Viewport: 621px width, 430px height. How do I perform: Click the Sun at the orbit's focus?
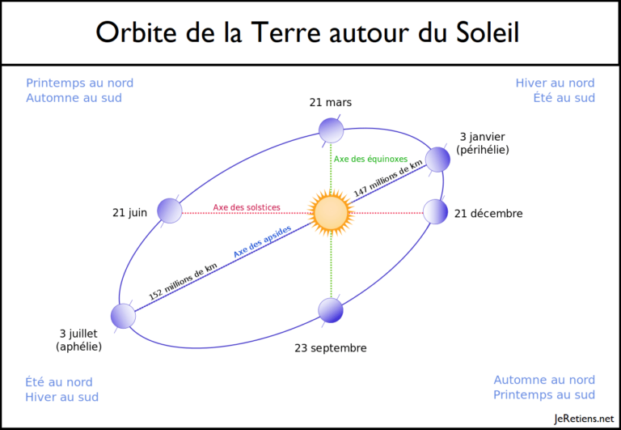pyautogui.click(x=331, y=213)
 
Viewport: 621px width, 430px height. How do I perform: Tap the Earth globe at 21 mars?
pyautogui.click(x=331, y=130)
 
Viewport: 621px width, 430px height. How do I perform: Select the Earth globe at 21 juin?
pyautogui.click(x=170, y=211)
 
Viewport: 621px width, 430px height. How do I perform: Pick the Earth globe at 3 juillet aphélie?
pyautogui.click(x=123, y=316)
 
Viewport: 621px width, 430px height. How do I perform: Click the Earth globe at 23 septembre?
pyautogui.click(x=331, y=310)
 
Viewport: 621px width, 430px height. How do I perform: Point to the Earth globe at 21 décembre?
pyautogui.click(x=435, y=212)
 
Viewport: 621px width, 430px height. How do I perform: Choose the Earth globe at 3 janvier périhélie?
pyautogui.click(x=437, y=160)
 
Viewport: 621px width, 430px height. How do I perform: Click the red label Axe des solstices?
pyautogui.click(x=247, y=207)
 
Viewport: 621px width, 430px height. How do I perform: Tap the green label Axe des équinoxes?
pyautogui.click(x=370, y=159)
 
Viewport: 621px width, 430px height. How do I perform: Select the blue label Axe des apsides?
pyautogui.click(x=262, y=241)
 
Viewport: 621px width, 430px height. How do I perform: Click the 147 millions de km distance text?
pyautogui.click(x=388, y=178)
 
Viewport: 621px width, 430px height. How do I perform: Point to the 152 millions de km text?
pyautogui.click(x=183, y=282)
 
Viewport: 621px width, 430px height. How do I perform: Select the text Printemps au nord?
pyautogui.click(x=79, y=83)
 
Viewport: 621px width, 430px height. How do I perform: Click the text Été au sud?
pyautogui.click(x=564, y=98)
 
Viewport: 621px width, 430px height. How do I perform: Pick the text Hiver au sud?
pyautogui.click(x=61, y=397)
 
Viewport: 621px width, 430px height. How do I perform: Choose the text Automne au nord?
pyautogui.click(x=544, y=380)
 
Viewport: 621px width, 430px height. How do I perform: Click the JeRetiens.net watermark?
pyautogui.click(x=584, y=419)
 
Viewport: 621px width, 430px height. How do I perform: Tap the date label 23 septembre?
pyautogui.click(x=331, y=348)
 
